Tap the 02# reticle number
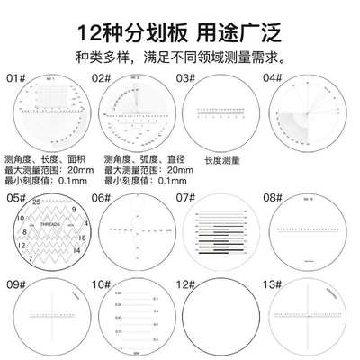(x=100, y=77)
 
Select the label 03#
(x=187, y=77)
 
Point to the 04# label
(x=274, y=77)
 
